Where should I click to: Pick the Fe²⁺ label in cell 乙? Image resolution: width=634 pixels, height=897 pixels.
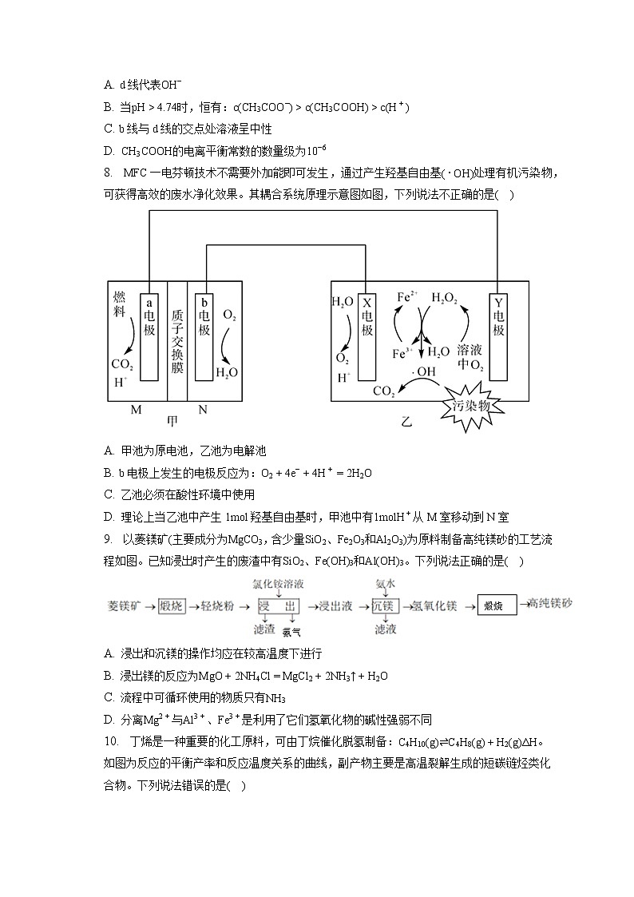[x=408, y=298]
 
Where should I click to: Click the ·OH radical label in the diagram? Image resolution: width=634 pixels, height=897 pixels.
[x=425, y=371]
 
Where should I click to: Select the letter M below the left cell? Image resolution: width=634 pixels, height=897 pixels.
[x=136, y=410]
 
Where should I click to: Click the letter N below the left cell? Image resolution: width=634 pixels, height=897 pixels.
[x=203, y=410]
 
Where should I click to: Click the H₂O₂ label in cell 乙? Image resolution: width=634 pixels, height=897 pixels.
[x=444, y=298]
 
